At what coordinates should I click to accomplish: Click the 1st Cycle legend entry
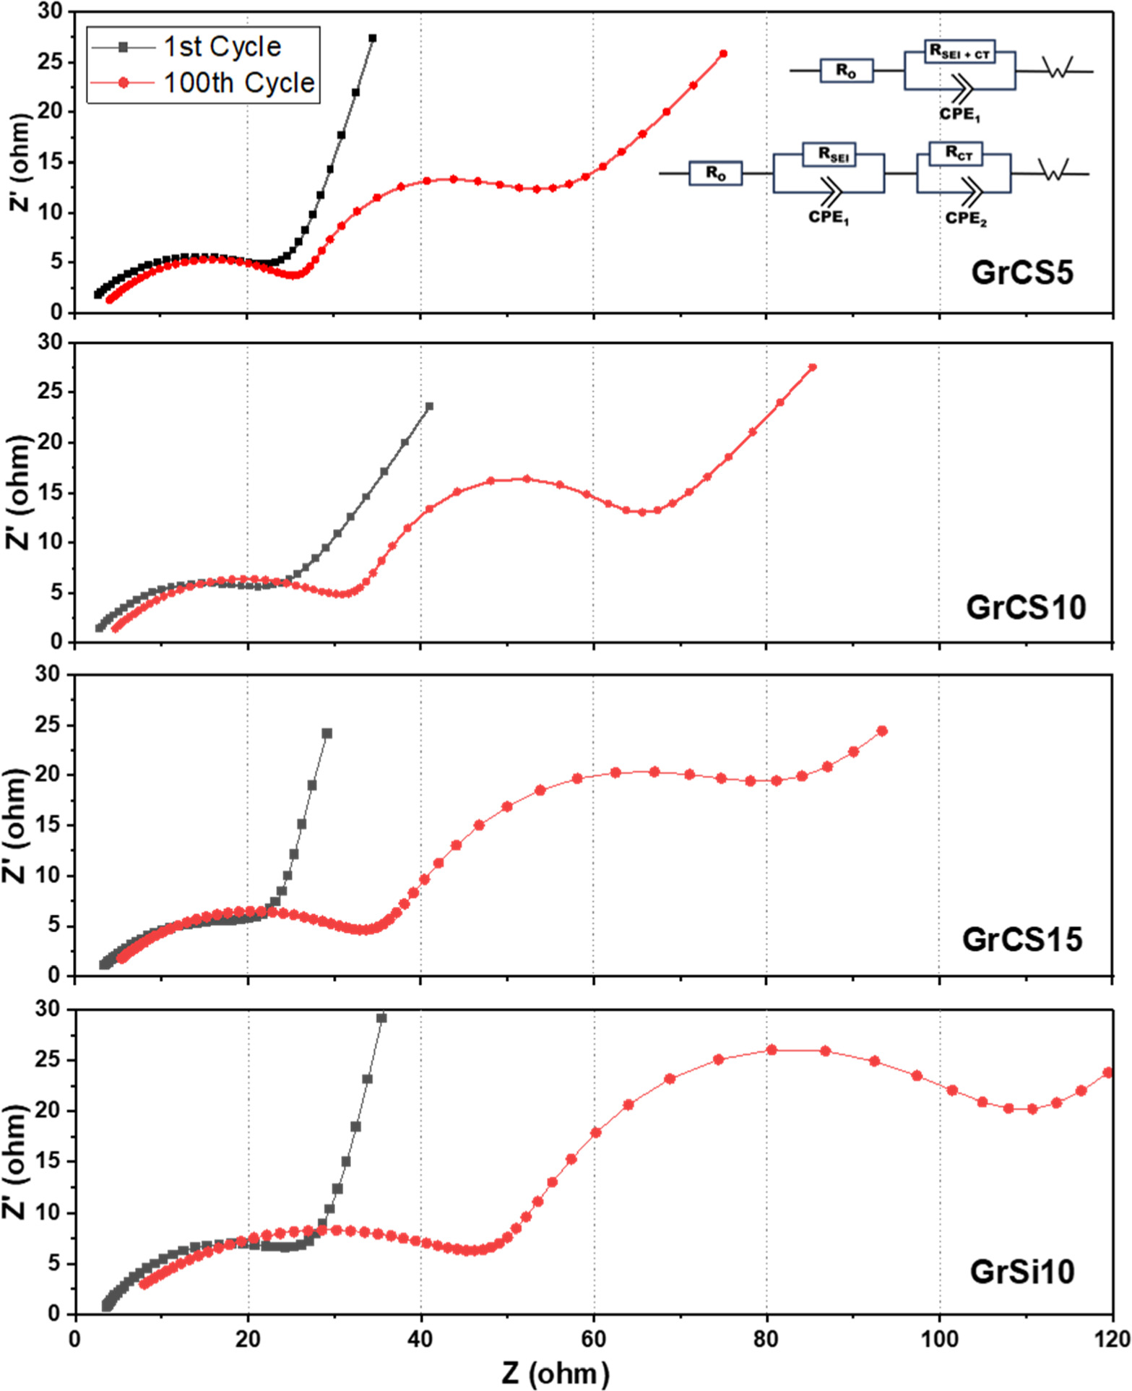pos(221,46)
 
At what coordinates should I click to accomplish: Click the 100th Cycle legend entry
pos(238,82)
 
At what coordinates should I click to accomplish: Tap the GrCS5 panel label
pos(1021,272)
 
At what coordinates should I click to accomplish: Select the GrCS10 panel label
pos(1025,607)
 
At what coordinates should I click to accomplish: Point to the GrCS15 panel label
pos(1021,939)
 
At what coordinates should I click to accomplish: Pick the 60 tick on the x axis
pos(593,1339)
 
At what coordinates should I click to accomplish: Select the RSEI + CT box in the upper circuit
pos(959,51)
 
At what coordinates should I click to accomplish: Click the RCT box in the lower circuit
pos(959,153)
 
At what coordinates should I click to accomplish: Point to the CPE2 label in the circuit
pos(966,218)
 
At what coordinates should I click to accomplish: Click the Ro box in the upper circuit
pos(846,71)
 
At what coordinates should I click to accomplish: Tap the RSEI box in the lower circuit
pos(829,155)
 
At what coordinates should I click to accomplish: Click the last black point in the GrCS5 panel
pos(372,38)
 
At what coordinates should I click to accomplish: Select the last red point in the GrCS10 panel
pos(813,367)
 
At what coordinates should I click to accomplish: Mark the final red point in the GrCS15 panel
pos(882,731)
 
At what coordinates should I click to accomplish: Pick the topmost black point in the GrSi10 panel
pos(381,1018)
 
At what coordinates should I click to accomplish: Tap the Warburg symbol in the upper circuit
pos(1058,69)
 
